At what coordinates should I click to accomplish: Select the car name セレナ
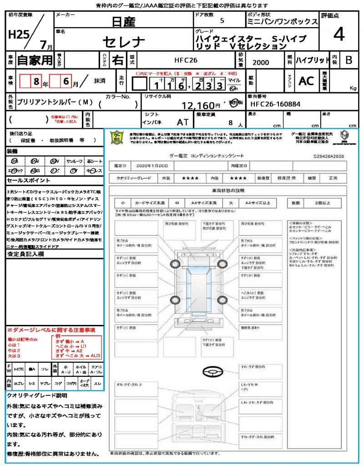click(x=124, y=42)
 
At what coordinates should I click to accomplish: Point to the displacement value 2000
click(x=260, y=63)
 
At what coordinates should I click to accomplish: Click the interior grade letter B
click(x=349, y=60)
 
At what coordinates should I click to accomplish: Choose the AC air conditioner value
click(x=306, y=81)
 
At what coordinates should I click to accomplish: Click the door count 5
click(x=222, y=20)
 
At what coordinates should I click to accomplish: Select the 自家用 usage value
click(x=35, y=60)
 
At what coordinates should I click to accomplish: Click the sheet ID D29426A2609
click(x=329, y=156)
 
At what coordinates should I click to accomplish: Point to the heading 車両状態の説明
click(x=228, y=190)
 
